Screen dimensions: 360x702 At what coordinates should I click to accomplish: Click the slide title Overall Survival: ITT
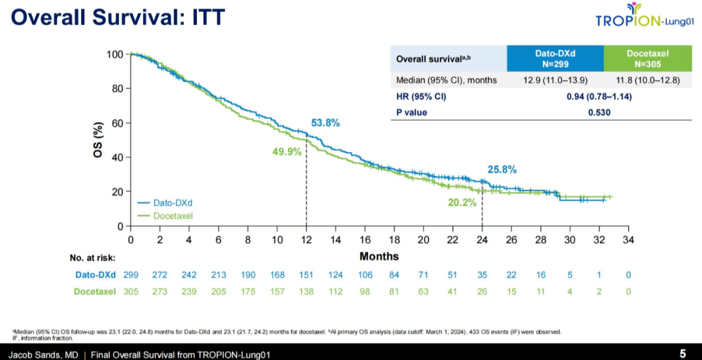point(118,17)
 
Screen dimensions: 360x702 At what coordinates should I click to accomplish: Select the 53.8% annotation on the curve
point(326,123)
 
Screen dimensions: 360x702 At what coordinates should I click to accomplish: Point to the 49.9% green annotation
point(287,151)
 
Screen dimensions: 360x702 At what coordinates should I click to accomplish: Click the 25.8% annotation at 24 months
point(502,170)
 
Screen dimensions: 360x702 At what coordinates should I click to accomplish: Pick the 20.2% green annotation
point(462,202)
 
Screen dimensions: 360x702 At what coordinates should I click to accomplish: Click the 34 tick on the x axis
point(628,240)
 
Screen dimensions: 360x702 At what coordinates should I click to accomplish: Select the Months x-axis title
point(379,256)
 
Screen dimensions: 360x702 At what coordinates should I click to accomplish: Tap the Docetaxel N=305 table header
point(647,59)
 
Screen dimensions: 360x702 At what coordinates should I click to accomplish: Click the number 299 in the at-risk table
point(131,275)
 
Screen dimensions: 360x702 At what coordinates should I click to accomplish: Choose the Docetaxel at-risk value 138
point(306,292)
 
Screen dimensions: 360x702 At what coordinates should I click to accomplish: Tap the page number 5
point(682,354)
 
